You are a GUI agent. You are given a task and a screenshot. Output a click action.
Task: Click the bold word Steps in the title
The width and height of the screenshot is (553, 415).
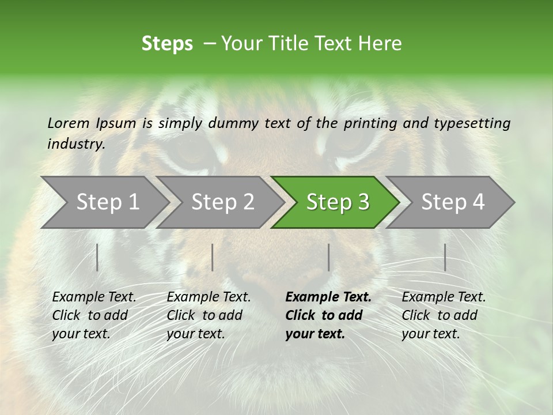[167, 44]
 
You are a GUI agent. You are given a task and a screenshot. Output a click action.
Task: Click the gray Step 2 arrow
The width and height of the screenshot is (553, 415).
[221, 202]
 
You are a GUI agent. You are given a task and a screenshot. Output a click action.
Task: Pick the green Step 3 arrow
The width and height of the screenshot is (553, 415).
[336, 202]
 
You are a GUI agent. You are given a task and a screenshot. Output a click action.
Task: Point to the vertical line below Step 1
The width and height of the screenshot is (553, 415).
[97, 257]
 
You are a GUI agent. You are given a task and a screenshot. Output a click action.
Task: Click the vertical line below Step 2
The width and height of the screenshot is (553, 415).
[213, 257]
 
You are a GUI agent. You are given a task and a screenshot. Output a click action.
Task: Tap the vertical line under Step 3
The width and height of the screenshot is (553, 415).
[328, 257]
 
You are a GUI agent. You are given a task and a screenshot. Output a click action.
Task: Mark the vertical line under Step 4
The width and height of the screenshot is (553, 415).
[445, 257]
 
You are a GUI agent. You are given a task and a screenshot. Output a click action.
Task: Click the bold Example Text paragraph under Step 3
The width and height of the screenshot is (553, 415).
[328, 315]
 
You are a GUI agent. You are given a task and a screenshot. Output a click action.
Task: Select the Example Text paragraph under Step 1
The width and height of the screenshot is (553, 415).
[94, 315]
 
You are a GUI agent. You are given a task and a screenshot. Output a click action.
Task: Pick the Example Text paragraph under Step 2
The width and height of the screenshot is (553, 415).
[209, 315]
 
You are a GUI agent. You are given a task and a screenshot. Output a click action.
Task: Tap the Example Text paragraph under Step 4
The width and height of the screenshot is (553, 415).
[444, 315]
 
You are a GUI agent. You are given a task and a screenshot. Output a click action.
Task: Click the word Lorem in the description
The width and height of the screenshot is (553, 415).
[69, 123]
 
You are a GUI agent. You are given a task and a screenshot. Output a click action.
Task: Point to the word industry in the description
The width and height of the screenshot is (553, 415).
[75, 144]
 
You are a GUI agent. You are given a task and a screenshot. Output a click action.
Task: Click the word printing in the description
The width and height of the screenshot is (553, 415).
[370, 123]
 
